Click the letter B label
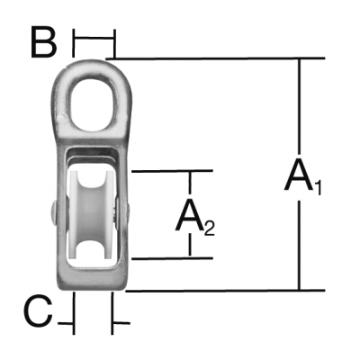pyautogui.click(x=44, y=42)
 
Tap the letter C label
pyautogui.click(x=39, y=311)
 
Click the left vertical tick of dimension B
pyautogui.click(x=73, y=43)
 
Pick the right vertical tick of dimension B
pyautogui.click(x=114, y=43)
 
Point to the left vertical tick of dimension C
pyautogui.click(x=73, y=312)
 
